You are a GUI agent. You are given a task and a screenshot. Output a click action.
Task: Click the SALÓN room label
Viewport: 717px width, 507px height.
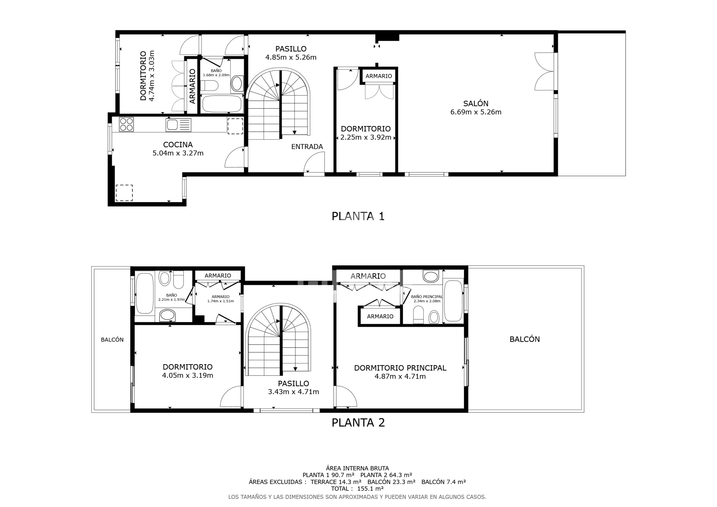coord(476,103)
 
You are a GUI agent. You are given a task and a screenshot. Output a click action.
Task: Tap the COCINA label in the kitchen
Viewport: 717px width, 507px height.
coord(178,145)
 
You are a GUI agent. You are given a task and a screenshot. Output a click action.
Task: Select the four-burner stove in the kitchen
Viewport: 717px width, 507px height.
coord(127,124)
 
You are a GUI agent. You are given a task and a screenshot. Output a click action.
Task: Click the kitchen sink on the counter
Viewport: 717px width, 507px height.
coord(178,125)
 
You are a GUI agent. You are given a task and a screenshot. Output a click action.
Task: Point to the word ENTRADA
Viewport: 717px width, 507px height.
coord(307,146)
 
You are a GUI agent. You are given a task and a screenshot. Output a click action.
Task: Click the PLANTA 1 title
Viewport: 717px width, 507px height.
coord(358,216)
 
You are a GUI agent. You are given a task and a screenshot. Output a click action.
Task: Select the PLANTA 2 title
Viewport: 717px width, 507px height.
coord(358,423)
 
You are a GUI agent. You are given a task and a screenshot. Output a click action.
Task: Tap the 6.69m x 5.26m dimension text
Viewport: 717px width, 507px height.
coord(476,112)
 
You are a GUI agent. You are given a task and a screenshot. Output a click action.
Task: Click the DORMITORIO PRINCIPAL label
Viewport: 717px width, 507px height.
coord(400,368)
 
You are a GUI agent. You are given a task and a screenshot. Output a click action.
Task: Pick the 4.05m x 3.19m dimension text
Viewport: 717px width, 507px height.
coord(187,375)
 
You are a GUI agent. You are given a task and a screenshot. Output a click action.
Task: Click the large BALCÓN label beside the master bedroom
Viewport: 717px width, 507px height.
coord(525,339)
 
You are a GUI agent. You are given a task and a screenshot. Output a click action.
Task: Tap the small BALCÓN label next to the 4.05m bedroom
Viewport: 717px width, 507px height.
coord(112,340)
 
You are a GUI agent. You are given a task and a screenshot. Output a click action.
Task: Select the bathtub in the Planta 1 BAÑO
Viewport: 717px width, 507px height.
coord(222,104)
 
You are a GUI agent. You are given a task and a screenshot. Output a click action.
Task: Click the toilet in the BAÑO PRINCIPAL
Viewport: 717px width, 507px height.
coord(418,315)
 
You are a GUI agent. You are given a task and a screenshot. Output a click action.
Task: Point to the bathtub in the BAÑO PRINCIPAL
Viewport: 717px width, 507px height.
coord(453,301)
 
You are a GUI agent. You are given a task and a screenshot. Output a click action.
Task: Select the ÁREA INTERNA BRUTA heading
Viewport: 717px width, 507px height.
coord(357,468)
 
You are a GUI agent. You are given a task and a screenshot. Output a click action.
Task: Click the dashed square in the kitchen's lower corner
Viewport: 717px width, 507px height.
coord(124,193)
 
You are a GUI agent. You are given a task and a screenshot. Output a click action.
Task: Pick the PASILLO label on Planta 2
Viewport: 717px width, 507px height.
coord(294,383)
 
